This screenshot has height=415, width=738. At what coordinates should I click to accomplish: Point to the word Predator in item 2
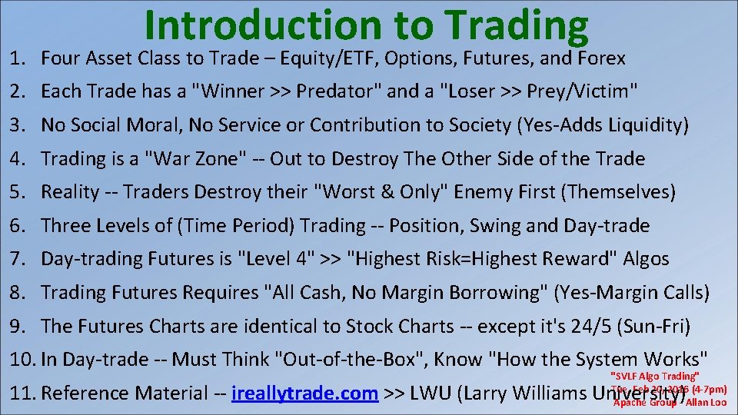(341, 91)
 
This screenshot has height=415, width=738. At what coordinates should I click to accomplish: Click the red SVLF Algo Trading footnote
(653, 376)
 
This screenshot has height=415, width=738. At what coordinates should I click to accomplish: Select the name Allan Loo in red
(706, 403)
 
